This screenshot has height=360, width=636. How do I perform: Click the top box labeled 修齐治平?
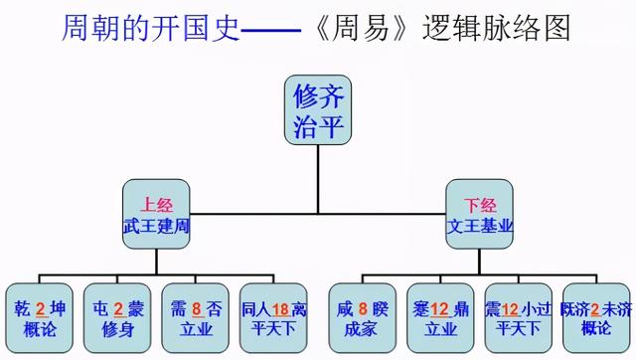point(318,110)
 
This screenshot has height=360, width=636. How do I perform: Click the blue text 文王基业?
point(481,226)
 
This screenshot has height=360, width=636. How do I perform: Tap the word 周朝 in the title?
point(85,27)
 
